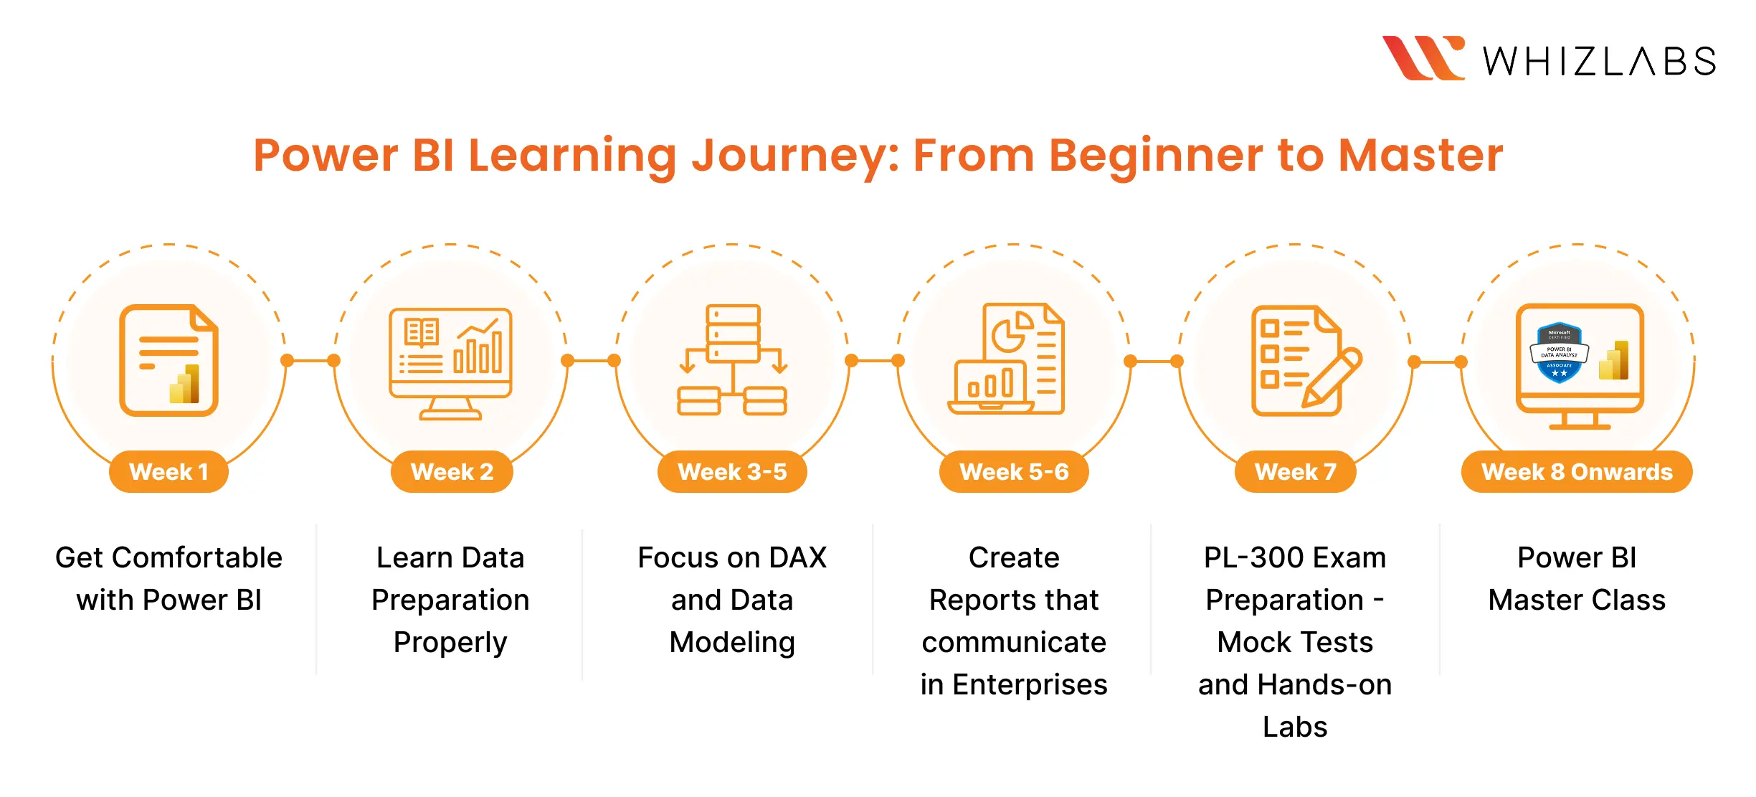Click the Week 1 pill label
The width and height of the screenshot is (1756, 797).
point(169,471)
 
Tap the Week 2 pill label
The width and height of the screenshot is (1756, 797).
point(452,471)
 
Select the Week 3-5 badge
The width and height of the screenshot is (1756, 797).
point(732,471)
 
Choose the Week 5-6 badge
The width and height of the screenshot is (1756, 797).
point(1014,471)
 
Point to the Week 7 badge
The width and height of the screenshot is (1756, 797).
point(1295,471)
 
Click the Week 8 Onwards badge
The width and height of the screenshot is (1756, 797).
point(1577,471)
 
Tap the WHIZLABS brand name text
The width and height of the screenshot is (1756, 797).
point(1599,62)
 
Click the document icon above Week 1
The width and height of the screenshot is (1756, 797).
point(169,360)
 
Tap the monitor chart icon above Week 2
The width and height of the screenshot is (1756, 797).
point(450,363)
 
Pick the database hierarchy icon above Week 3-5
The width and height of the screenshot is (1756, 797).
point(732,360)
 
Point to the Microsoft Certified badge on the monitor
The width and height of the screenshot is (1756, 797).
point(1559,352)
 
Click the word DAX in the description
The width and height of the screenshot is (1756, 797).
point(797,557)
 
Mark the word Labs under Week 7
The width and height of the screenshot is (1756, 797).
point(1295,727)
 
